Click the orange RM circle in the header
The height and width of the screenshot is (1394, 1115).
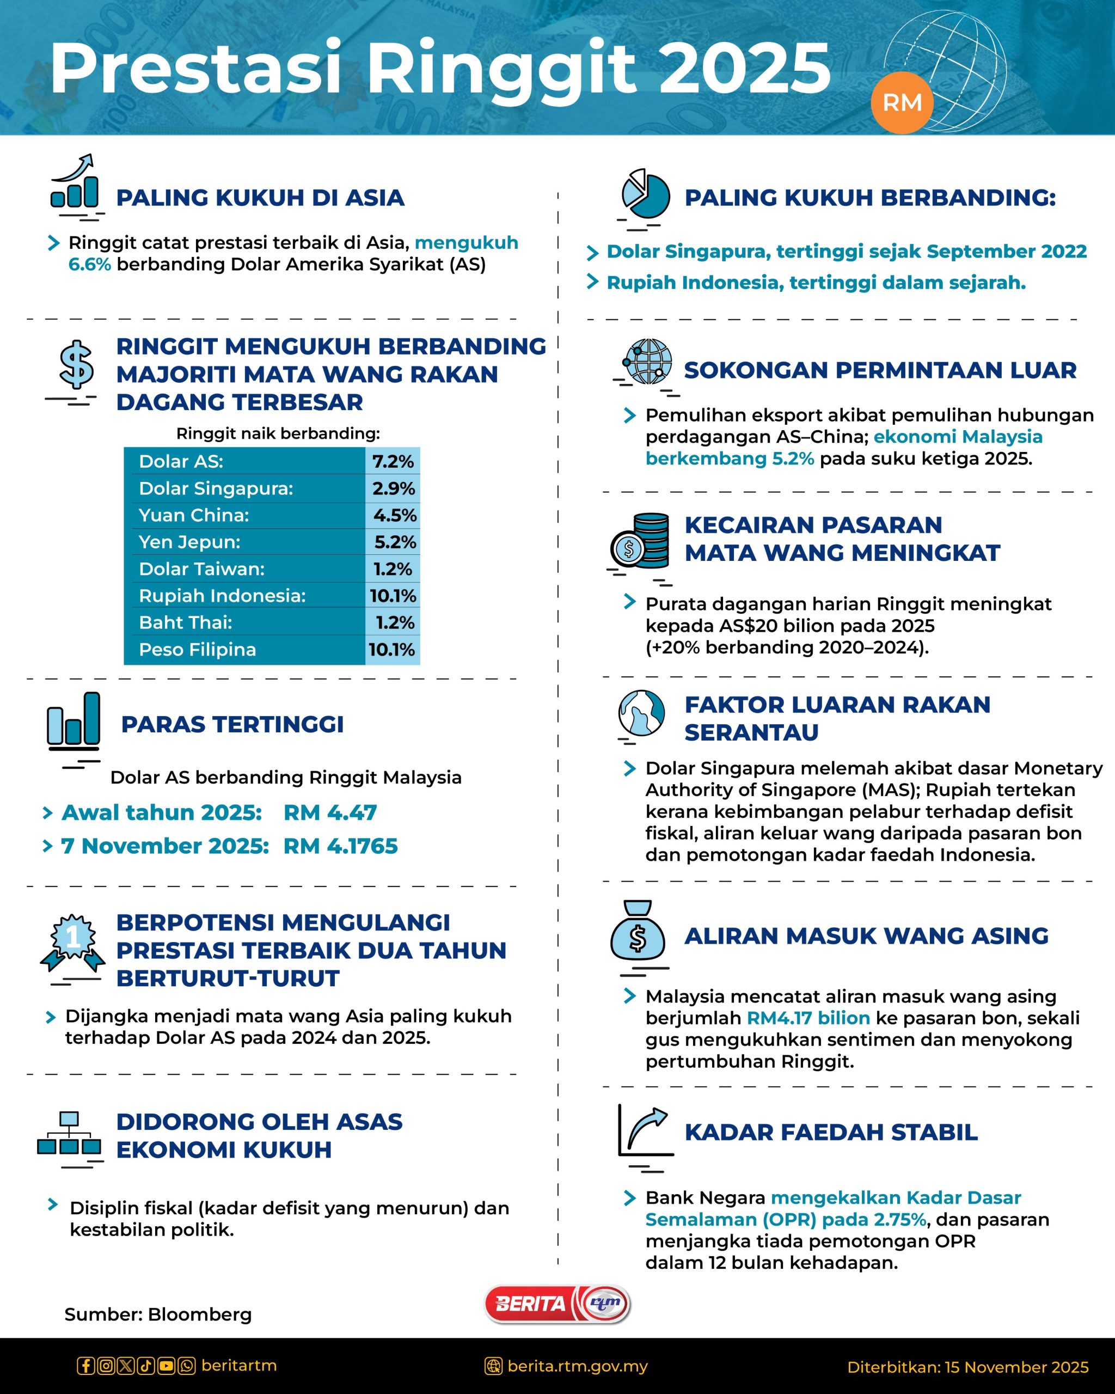point(902,102)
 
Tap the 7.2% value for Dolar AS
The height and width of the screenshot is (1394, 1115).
point(393,461)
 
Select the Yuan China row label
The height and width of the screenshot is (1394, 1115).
point(194,515)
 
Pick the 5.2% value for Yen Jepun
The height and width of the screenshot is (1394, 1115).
point(395,542)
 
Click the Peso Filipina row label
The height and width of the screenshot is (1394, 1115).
point(197,649)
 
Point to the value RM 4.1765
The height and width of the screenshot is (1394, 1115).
point(341,846)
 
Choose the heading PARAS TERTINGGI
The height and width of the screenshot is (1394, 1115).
point(232,724)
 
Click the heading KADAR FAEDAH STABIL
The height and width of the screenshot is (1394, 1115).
point(831,1132)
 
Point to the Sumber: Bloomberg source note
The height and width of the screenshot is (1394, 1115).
point(158,1314)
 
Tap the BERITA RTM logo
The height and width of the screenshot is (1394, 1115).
point(557,1304)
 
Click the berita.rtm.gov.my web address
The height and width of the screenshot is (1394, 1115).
point(577,1366)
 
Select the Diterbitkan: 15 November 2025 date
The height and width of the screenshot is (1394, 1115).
point(967,1367)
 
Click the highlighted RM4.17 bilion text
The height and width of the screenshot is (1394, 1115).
point(808,1018)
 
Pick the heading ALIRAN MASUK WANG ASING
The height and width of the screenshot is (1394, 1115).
point(866,936)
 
